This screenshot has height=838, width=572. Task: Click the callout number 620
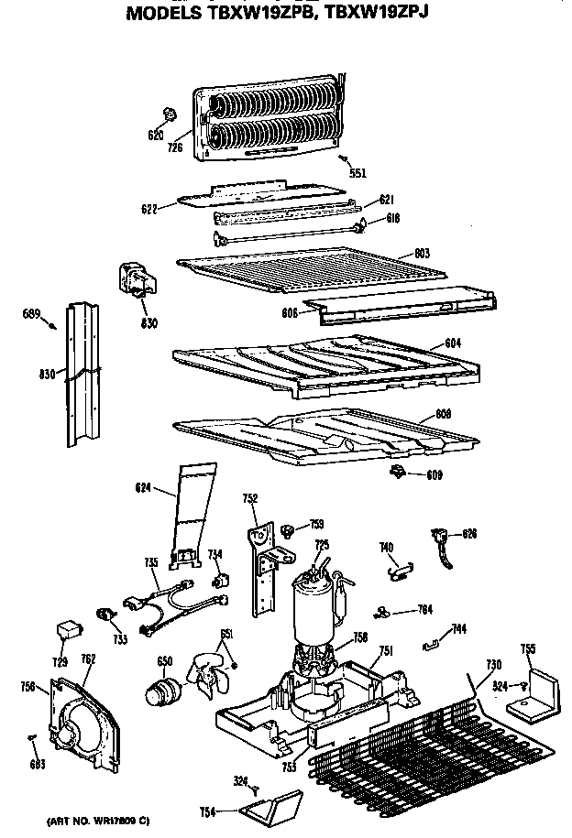tap(155, 135)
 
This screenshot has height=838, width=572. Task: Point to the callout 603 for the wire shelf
tap(422, 253)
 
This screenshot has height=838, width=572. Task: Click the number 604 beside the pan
tap(452, 343)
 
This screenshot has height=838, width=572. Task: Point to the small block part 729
tap(67, 630)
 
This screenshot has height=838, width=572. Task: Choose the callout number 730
tap(493, 664)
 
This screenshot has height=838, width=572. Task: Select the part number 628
tap(469, 533)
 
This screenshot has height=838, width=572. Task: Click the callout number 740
tap(386, 549)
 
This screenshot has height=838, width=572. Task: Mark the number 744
tap(459, 629)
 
